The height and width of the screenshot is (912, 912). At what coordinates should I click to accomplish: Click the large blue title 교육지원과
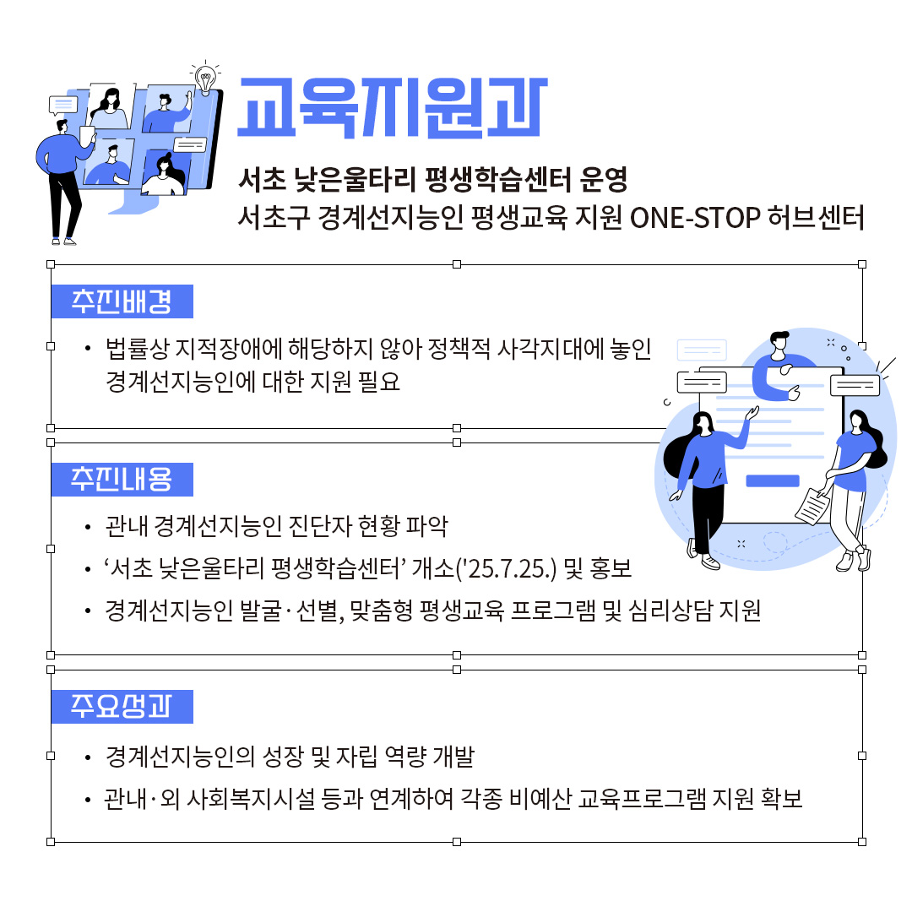tap(392, 108)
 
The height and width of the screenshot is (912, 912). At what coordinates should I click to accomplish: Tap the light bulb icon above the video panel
tap(204, 78)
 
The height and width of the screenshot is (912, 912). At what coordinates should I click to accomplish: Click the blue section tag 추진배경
tap(122, 301)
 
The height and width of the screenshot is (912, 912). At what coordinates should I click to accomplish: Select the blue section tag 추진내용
tap(122, 479)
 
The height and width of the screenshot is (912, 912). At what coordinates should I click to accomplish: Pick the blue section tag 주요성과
tap(122, 707)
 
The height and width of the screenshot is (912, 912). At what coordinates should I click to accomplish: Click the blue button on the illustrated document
tap(772, 480)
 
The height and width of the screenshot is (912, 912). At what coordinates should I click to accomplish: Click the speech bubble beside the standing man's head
tap(62, 106)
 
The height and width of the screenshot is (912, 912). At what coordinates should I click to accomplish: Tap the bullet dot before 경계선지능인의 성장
tap(88, 757)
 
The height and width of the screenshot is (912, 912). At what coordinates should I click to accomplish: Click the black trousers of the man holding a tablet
tap(64, 203)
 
